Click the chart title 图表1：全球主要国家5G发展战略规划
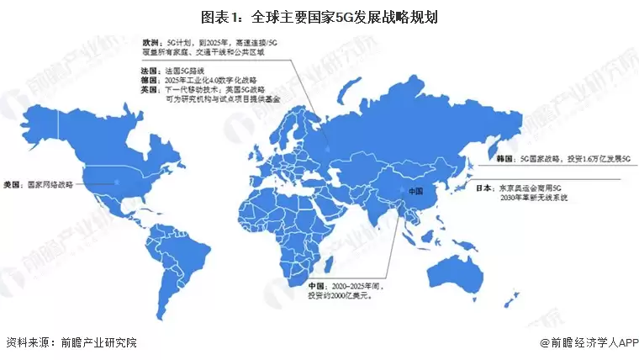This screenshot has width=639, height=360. click(319, 16)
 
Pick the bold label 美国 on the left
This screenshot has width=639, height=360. click(12, 183)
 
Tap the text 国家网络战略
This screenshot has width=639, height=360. click(50, 183)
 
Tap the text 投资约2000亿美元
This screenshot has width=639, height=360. click(340, 296)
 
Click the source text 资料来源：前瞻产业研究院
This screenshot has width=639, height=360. click(71, 342)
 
